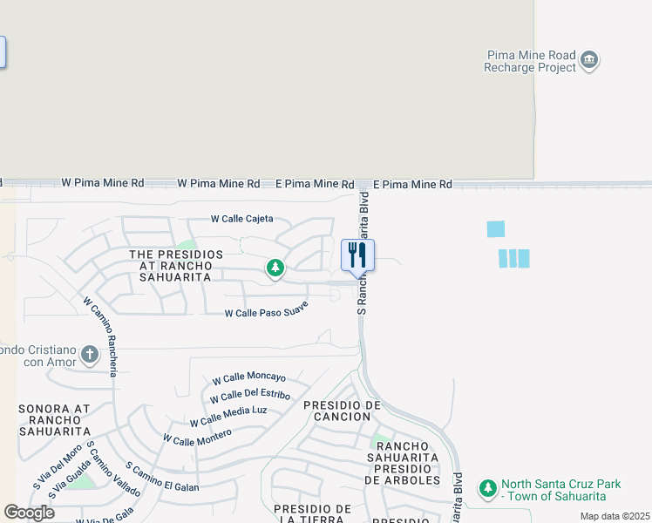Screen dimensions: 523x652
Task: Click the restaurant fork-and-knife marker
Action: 357,255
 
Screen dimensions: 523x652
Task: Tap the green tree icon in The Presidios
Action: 275,268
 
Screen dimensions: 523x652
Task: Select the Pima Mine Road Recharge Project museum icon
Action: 590,60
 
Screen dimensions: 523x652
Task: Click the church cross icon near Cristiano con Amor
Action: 89,354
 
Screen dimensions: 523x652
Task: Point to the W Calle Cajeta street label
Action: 242,219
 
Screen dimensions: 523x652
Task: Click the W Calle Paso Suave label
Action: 267,309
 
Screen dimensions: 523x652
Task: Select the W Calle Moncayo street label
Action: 248,378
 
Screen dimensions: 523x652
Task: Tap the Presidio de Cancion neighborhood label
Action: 343,411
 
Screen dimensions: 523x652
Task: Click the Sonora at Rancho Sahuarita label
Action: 54,419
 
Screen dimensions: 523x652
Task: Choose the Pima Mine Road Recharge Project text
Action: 531,61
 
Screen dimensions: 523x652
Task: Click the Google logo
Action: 29,513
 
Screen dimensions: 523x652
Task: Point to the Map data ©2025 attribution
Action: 614,516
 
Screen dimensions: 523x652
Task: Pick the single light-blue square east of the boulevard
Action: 496,229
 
